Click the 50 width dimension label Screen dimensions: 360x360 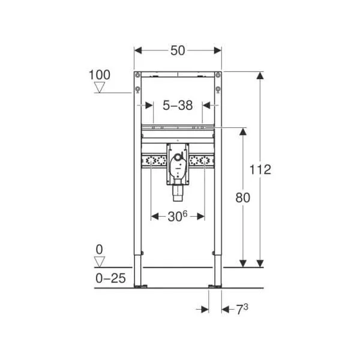178,50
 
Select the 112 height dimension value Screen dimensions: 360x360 260,170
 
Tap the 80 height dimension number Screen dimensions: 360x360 242,197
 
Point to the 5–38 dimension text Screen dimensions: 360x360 178,106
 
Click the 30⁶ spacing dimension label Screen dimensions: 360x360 178,216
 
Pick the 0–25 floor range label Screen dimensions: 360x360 110,278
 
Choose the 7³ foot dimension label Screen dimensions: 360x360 242,309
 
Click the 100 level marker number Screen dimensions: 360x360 100,75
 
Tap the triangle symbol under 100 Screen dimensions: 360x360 100,88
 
